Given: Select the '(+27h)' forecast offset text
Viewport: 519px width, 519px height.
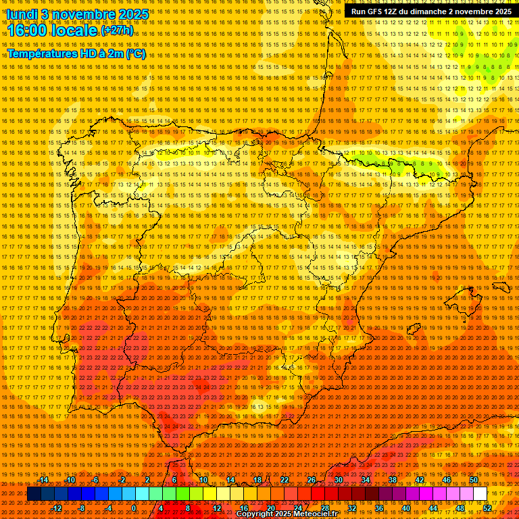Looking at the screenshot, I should (x=117, y=30).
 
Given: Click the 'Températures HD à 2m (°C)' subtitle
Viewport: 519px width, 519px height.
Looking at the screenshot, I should (x=76, y=53).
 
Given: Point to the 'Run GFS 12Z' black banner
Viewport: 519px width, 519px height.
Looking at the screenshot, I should (x=431, y=11).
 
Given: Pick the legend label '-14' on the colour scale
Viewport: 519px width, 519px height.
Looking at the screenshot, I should (x=43, y=480).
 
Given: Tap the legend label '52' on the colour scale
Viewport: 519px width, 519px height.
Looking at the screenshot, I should (x=487, y=508).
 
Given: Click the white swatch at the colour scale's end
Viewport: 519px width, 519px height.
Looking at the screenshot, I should (x=480, y=494).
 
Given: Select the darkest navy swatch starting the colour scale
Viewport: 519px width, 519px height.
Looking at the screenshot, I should (x=33, y=494).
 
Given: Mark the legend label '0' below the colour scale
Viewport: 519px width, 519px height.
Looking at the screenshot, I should (x=134, y=508).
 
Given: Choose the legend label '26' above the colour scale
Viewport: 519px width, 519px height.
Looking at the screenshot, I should (x=312, y=480).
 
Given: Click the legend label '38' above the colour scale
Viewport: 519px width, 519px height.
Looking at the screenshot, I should (x=392, y=480).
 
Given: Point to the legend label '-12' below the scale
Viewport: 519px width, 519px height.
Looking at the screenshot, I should (x=57, y=508).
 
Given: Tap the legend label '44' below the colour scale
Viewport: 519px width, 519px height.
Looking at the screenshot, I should (x=433, y=508).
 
